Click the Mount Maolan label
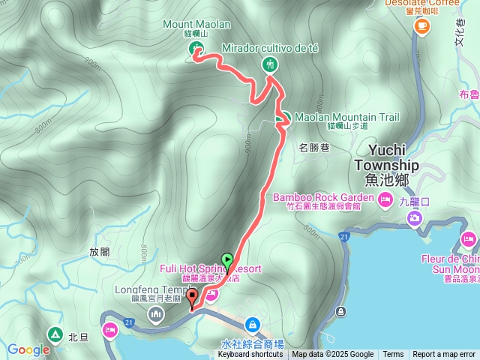[197, 24]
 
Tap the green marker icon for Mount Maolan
[194, 49]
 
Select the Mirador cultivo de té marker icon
[270, 64]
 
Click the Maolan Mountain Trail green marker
[283, 118]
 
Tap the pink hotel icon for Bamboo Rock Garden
[385, 199]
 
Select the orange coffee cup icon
[422, 27]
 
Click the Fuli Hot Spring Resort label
[210, 268]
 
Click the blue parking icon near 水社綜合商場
[252, 325]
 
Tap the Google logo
[28, 349]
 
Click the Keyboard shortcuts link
[250, 355]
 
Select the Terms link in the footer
[393, 355]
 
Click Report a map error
[444, 355]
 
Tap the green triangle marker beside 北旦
[55, 334]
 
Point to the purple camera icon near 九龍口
[414, 218]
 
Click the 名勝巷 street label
[314, 147]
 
